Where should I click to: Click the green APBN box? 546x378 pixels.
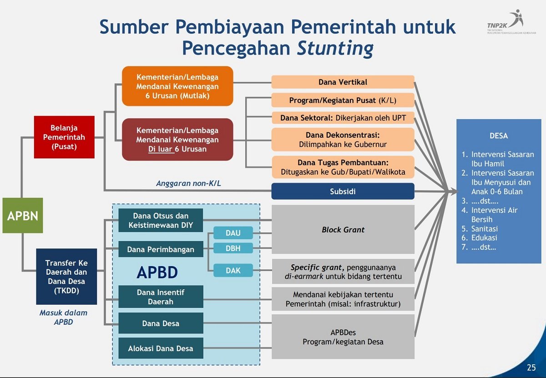(x=23, y=215)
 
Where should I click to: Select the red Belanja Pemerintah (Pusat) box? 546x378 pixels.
(x=64, y=137)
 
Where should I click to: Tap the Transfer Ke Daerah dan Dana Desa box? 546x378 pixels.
(x=66, y=277)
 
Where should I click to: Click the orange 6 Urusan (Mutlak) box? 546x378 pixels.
(x=177, y=86)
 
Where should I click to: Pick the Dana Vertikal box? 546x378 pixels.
(x=343, y=82)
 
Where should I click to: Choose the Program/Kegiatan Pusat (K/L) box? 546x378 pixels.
(x=343, y=100)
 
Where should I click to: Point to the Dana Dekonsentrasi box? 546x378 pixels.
(x=343, y=140)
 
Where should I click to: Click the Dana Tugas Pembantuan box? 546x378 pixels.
(x=343, y=167)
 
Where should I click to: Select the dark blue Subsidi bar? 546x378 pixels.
(x=343, y=192)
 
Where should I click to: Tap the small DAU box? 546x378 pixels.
(x=233, y=233)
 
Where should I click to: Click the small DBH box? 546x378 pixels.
(x=233, y=248)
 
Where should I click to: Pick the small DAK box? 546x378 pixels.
(x=233, y=270)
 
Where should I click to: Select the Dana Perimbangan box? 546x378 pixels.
(x=161, y=249)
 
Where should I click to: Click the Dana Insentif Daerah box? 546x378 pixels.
(x=161, y=297)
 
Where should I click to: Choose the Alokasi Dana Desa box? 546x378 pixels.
(x=161, y=348)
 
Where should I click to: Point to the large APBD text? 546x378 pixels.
(x=157, y=272)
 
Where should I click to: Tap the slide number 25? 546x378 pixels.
(x=531, y=368)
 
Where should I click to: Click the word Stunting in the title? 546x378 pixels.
(x=335, y=47)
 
